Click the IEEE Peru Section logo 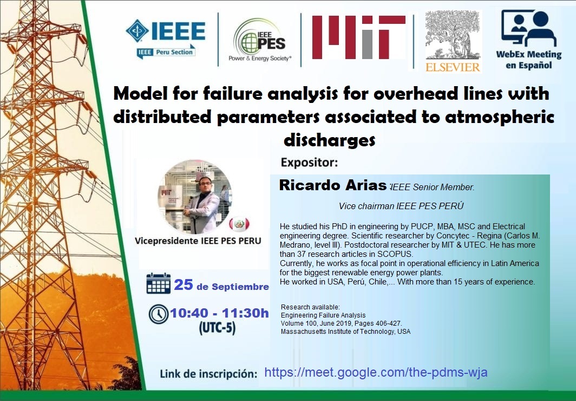pyautogui.click(x=165, y=39)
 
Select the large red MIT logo pyautogui.click(x=358, y=37)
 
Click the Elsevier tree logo pyautogui.click(x=453, y=41)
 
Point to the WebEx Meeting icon pyautogui.click(x=528, y=28)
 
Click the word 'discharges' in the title pyautogui.click(x=330, y=140)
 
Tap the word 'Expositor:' pyautogui.click(x=309, y=162)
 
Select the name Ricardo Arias pyautogui.click(x=332, y=185)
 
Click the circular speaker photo pyautogui.click(x=195, y=197)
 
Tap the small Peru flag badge pyautogui.click(x=239, y=223)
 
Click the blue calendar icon pyautogui.click(x=158, y=283)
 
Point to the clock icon pyautogui.click(x=158, y=314)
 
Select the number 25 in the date pyautogui.click(x=184, y=284)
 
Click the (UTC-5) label pyautogui.click(x=217, y=328)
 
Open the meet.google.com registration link pyautogui.click(x=376, y=372)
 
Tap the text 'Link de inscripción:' pyautogui.click(x=208, y=374)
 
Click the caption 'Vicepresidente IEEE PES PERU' pyautogui.click(x=198, y=241)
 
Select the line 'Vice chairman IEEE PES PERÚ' pyautogui.click(x=401, y=206)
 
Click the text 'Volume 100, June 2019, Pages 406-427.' pyautogui.click(x=341, y=324)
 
